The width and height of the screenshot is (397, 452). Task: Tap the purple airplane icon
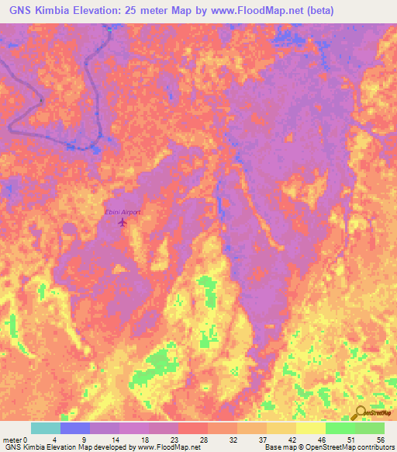tap(122, 222)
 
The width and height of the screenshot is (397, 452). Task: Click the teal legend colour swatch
tap(46, 428)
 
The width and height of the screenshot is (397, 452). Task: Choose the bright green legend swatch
tap(340, 428)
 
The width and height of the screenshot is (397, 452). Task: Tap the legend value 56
tap(379, 440)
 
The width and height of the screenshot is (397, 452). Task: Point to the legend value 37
tap(261, 440)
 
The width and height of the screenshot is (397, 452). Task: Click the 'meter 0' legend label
tap(15, 440)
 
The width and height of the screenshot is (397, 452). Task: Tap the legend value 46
tap(320, 440)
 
